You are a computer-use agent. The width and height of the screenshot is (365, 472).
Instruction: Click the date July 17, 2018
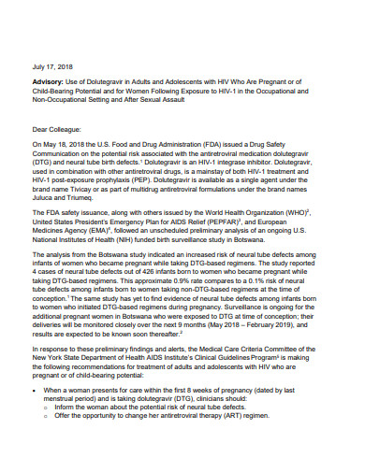[51, 67]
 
